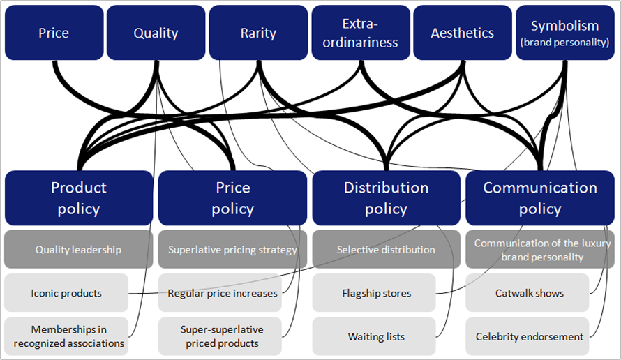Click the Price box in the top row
coord(54,33)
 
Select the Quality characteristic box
coord(156,33)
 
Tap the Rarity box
coord(258,33)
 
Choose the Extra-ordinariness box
coord(361,33)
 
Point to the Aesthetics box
coord(463,33)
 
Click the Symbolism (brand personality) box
coord(565,33)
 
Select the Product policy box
coord(79,198)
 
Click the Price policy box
coord(232,198)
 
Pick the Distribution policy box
coord(386,198)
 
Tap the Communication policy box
coord(540,198)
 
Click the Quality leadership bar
coord(78,250)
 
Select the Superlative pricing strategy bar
coord(232,250)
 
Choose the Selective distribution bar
coord(386,250)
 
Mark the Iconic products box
coord(66,293)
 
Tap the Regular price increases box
coord(220,293)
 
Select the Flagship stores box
coord(374,293)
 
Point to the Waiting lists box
coord(374,336)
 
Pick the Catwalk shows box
coord(527,293)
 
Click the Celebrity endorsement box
coord(527,336)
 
